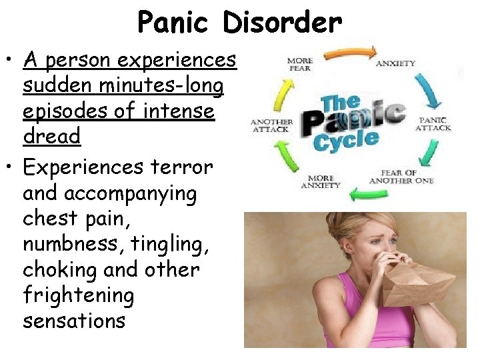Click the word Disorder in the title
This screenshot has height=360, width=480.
point(283,23)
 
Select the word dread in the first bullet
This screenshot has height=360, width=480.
point(51,136)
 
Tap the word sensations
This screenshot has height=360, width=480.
point(74,320)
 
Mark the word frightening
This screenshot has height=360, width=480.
point(78,295)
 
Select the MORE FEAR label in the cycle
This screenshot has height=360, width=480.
point(300,65)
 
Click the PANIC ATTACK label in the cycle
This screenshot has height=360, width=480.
point(433,123)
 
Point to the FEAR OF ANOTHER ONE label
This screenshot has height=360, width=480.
point(401,177)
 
